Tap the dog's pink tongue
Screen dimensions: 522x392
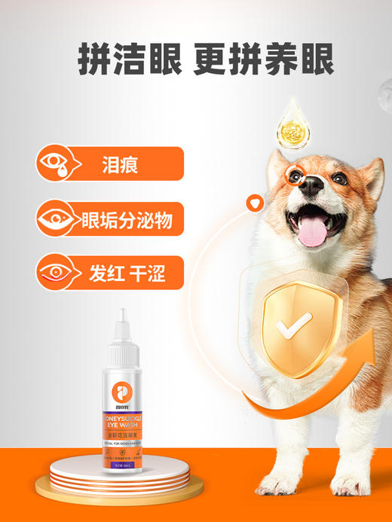(314, 233)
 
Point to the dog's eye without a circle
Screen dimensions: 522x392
(340, 179)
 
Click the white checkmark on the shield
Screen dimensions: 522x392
(292, 325)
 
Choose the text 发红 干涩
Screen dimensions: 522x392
(126, 273)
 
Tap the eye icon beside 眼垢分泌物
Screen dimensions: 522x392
(58, 219)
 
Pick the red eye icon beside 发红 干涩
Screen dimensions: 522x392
(58, 273)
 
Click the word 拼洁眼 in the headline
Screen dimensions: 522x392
(129, 60)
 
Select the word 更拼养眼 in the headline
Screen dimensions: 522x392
(263, 60)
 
